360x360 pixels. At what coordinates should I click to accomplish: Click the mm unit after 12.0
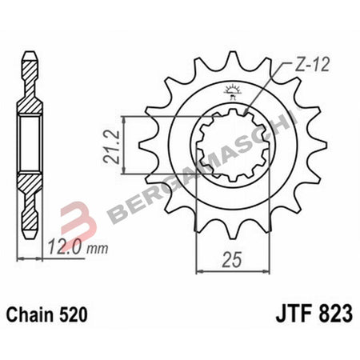[x=98, y=250]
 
